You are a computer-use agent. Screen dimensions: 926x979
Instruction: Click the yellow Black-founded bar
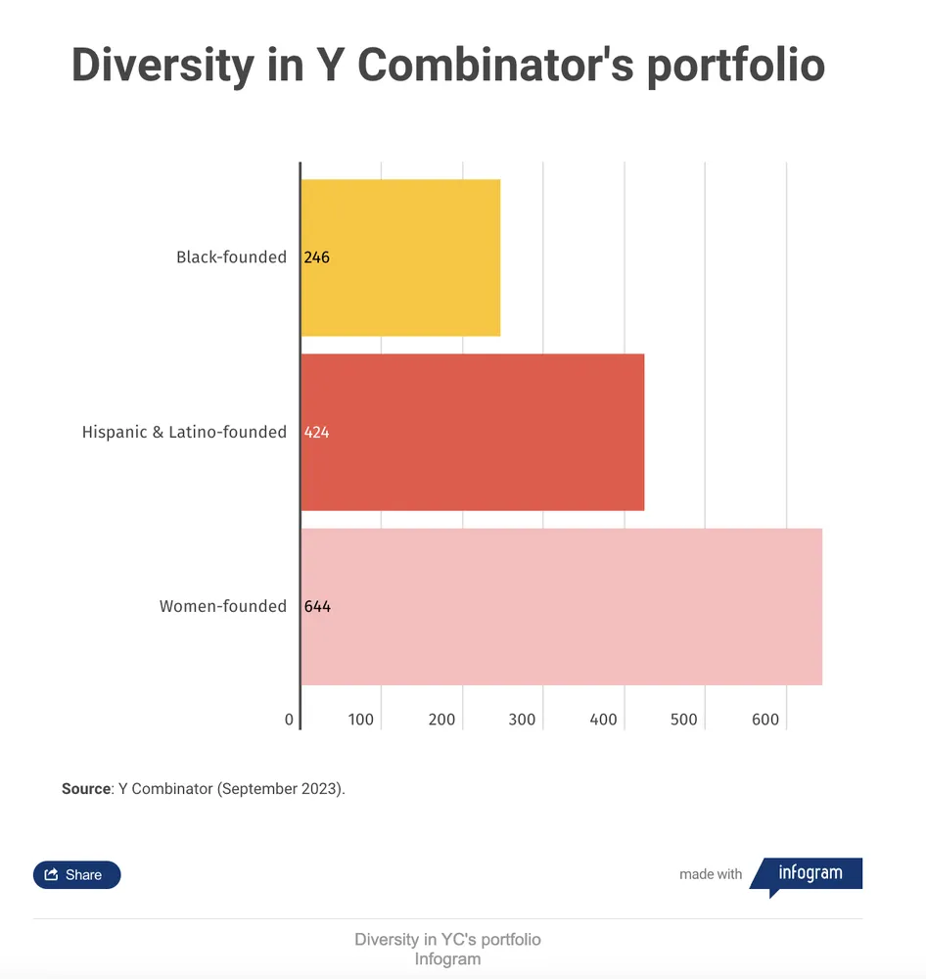pyautogui.click(x=401, y=257)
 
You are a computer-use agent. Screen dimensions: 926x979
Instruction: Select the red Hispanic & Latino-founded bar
pyautogui.click(x=473, y=432)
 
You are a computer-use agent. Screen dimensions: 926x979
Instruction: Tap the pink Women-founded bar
pyautogui.click(x=562, y=607)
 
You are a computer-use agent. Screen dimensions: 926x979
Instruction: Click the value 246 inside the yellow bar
pyautogui.click(x=316, y=257)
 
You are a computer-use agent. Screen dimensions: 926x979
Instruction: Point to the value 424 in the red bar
pyautogui.click(x=316, y=432)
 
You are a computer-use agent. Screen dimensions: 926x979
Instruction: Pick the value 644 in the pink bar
pyautogui.click(x=317, y=606)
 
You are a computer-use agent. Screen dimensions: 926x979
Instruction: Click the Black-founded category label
pyautogui.click(x=231, y=257)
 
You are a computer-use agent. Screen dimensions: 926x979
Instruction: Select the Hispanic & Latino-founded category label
pyautogui.click(x=184, y=432)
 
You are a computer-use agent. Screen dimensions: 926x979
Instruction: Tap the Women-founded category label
pyautogui.click(x=223, y=606)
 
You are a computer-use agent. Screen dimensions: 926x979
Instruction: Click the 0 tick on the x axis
pyautogui.click(x=289, y=720)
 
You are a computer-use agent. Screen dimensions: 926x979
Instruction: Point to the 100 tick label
pyautogui.click(x=361, y=720)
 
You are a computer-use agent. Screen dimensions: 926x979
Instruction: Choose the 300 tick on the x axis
pyautogui.click(x=522, y=720)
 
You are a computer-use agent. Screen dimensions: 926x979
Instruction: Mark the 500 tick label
pyautogui.click(x=683, y=720)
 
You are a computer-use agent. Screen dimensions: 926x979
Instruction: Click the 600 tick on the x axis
pyautogui.click(x=765, y=720)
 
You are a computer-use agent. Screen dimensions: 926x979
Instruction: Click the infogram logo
pyautogui.click(x=807, y=875)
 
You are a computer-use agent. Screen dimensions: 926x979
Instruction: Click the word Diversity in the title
pyautogui.click(x=162, y=66)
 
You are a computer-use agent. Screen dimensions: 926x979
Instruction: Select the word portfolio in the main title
pyautogui.click(x=736, y=66)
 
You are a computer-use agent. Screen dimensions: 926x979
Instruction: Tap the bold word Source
pyautogui.click(x=86, y=788)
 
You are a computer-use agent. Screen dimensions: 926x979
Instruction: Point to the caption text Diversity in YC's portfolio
pyautogui.click(x=447, y=939)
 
